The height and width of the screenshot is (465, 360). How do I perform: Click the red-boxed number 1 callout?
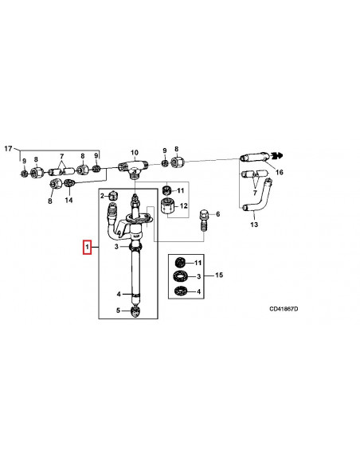(88, 248)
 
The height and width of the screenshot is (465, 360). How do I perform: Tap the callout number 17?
(9, 149)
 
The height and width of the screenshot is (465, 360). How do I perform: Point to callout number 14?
(68, 201)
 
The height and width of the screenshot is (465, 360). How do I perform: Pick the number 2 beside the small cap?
(102, 196)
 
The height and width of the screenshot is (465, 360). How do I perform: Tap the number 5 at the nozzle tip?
(118, 311)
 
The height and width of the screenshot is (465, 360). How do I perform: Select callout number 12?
(185, 207)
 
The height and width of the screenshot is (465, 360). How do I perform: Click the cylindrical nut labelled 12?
(167, 208)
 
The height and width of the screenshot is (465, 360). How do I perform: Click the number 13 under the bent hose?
(254, 225)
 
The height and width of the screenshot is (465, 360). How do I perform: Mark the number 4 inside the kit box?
(199, 291)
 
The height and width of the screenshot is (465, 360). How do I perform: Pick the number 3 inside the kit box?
(199, 276)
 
